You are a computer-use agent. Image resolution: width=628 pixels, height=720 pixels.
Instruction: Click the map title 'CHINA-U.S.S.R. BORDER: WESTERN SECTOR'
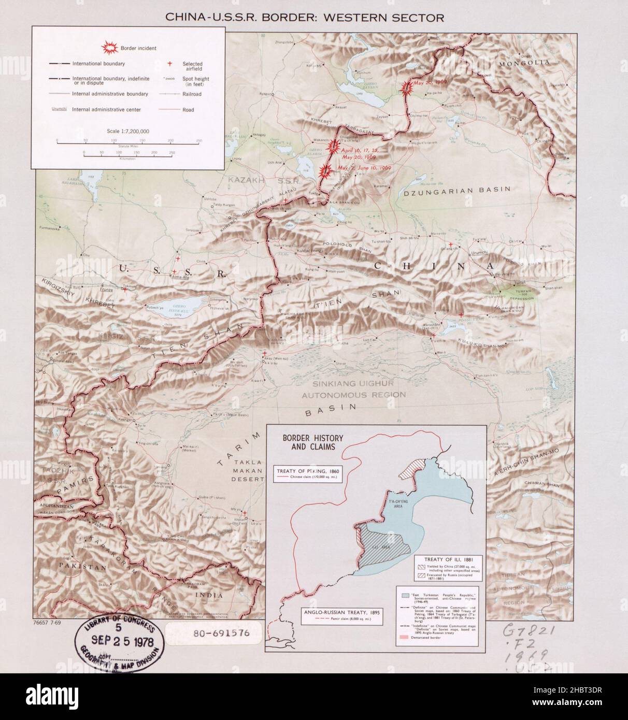(x=304, y=17)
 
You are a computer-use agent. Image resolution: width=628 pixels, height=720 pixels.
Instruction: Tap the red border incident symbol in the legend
(x=110, y=48)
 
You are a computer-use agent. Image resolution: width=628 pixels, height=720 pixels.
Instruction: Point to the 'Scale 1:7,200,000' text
(x=127, y=131)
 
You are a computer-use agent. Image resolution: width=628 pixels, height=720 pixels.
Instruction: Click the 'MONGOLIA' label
(x=524, y=63)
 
